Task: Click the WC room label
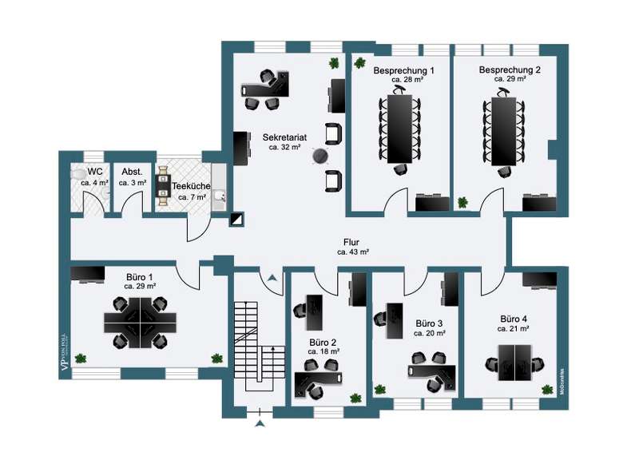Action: [95, 172]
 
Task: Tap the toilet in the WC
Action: [78, 173]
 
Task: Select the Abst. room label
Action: [132, 172]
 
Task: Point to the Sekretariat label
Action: [284, 137]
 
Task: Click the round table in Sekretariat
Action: [321, 157]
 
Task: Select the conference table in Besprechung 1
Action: [399, 128]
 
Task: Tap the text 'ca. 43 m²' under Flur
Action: [353, 252]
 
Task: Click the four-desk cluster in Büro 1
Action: [140, 321]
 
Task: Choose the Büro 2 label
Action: [323, 341]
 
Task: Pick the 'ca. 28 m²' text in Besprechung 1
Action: [407, 80]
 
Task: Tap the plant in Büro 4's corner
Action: [547, 389]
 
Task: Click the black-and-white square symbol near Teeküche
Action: [238, 218]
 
